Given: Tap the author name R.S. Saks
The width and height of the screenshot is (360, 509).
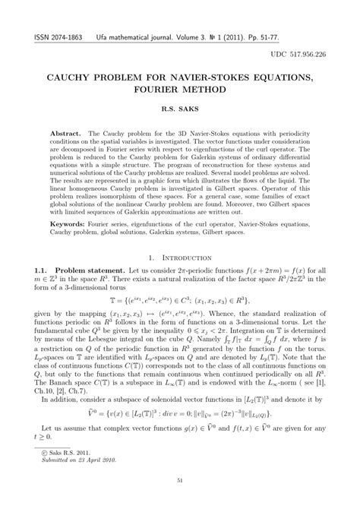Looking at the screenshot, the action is point(179,109).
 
